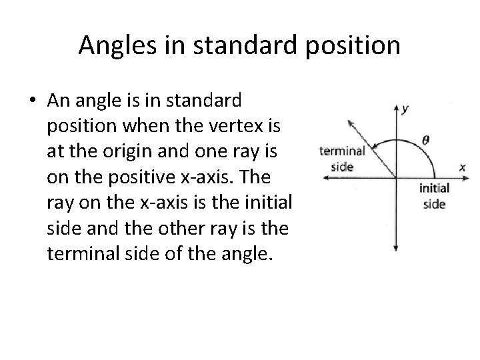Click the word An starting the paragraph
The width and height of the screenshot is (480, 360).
(x=57, y=101)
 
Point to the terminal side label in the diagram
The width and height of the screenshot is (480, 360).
(x=342, y=158)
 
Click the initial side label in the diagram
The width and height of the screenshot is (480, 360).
(x=434, y=196)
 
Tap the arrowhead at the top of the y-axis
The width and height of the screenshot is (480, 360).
(x=396, y=107)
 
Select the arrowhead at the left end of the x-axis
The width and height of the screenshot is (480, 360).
(x=324, y=177)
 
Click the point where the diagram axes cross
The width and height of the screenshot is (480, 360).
(x=396, y=177)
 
